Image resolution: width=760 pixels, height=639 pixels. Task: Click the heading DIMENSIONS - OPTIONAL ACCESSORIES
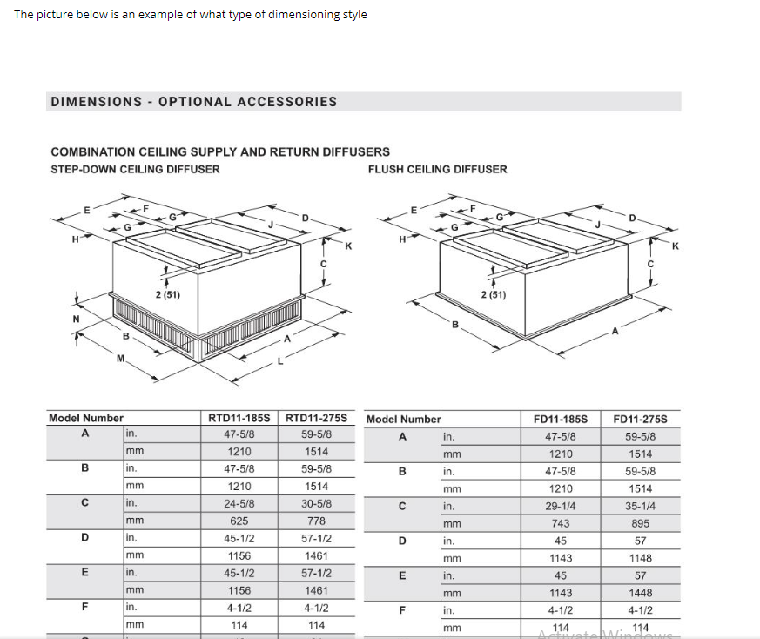point(193,102)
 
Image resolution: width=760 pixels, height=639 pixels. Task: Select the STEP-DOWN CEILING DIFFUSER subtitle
point(135,169)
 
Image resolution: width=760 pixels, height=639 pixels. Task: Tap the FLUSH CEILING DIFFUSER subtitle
point(437,169)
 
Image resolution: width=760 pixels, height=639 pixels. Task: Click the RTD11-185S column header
point(239,418)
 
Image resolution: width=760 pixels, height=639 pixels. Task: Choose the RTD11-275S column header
point(316,418)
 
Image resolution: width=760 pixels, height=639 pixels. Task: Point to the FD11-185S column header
point(561,419)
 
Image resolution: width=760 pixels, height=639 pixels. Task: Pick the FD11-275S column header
point(640,419)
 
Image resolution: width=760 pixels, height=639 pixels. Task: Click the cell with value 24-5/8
point(239,503)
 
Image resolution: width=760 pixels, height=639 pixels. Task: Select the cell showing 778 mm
point(316,521)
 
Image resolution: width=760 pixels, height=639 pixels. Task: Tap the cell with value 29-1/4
point(561,506)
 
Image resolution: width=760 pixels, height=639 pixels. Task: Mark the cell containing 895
point(640,523)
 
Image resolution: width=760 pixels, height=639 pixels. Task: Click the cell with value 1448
point(640,593)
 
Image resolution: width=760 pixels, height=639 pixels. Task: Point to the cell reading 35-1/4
point(640,506)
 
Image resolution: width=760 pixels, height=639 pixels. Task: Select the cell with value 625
point(239,521)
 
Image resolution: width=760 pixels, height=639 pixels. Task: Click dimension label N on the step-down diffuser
point(76,319)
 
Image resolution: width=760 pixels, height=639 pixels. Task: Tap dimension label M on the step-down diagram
point(120,359)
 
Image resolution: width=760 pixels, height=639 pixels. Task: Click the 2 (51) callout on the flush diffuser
point(493,295)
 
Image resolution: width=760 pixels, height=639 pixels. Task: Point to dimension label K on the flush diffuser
point(674,246)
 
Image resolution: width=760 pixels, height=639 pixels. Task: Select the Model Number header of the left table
point(85,418)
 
